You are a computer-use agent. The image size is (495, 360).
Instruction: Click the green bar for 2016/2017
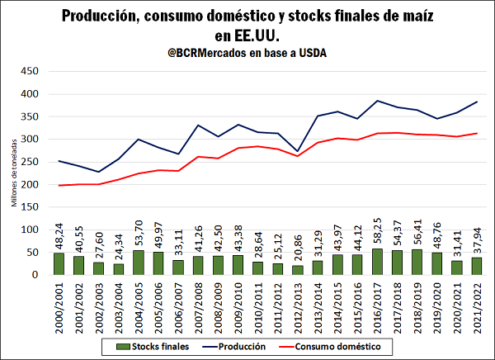(x=377, y=262)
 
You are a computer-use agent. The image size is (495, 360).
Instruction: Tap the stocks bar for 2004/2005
(x=139, y=263)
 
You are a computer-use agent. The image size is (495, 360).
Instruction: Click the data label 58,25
(x=377, y=233)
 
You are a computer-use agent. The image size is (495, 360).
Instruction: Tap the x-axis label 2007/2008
(x=198, y=306)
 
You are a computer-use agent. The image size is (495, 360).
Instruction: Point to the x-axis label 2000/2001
(x=59, y=306)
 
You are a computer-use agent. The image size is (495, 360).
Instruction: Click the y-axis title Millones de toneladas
(x=13, y=173)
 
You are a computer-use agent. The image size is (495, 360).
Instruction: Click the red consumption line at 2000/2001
(x=59, y=185)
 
